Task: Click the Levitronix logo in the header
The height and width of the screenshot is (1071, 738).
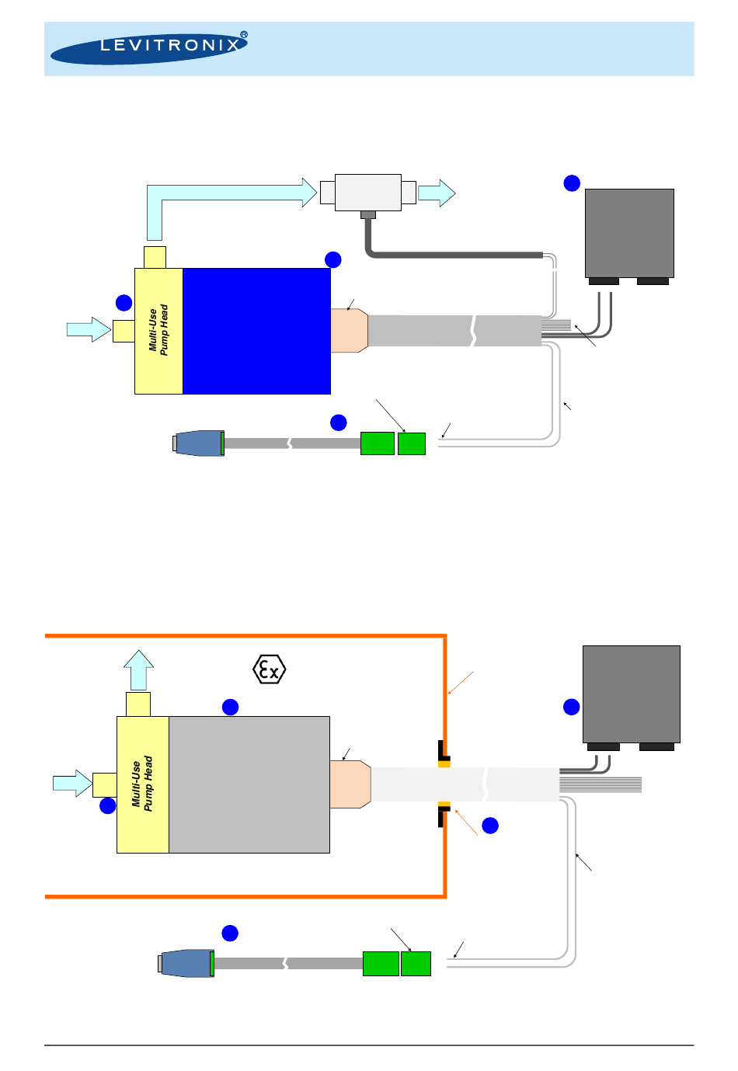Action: pos(148,47)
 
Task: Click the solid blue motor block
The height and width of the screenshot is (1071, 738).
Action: pos(256,331)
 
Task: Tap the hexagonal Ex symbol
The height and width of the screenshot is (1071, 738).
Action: pos(270,669)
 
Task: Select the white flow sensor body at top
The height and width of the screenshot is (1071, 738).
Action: pos(367,192)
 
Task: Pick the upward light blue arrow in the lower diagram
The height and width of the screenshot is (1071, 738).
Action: pos(139,669)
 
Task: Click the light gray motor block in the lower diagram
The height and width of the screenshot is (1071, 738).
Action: pos(249,784)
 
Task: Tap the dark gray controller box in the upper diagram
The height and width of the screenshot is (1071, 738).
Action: pos(628,233)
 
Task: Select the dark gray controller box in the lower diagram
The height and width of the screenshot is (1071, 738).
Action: pos(631,694)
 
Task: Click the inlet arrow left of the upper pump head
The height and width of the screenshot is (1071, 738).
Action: pos(89,329)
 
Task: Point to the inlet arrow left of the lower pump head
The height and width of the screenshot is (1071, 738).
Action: pos(72,783)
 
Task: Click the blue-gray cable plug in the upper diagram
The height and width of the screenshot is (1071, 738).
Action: pos(199,443)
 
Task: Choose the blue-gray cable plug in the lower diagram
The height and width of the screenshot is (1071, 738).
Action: pos(186,963)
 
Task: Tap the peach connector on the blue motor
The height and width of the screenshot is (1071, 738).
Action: pos(349,331)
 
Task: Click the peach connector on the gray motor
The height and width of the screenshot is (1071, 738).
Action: pos(350,784)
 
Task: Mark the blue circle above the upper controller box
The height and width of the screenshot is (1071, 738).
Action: pos(572,183)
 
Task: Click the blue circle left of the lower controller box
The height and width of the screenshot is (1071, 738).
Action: pos(572,707)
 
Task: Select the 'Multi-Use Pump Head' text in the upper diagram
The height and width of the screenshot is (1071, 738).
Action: pos(158,331)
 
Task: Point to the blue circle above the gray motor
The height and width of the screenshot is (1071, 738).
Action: pos(231,707)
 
